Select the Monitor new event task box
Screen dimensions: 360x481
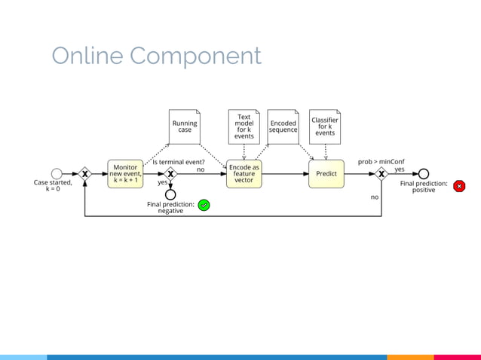(125, 174)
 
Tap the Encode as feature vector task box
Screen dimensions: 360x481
(244, 174)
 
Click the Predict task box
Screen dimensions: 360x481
(326, 174)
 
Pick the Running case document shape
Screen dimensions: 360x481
(185, 127)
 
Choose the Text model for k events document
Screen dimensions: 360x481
(244, 127)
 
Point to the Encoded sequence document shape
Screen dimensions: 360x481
(283, 127)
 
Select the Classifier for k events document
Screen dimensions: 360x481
(325, 127)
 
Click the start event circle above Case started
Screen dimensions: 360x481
(57, 174)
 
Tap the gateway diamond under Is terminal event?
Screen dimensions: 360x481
(170, 174)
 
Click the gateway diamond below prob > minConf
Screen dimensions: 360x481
(381, 174)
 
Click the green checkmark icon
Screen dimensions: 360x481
(204, 205)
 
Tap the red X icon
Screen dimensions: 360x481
(459, 186)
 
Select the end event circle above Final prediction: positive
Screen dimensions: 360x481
(424, 174)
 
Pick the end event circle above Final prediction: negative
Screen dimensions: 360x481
(170, 195)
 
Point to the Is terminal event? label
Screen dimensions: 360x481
(179, 161)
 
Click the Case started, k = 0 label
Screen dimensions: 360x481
(53, 186)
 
